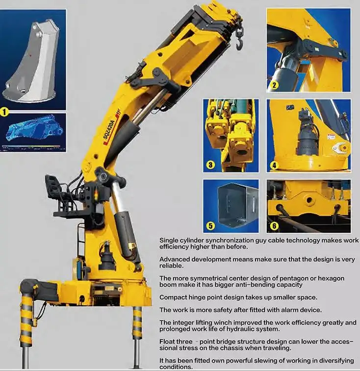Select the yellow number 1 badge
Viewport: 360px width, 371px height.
click(x=4, y=112)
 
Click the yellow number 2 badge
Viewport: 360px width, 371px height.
click(x=274, y=85)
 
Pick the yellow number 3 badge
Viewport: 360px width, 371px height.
click(x=210, y=165)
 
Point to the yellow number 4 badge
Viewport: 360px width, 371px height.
click(x=274, y=165)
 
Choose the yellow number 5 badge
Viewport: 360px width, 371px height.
click(x=210, y=225)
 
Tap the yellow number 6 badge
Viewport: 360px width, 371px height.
click(x=274, y=226)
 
